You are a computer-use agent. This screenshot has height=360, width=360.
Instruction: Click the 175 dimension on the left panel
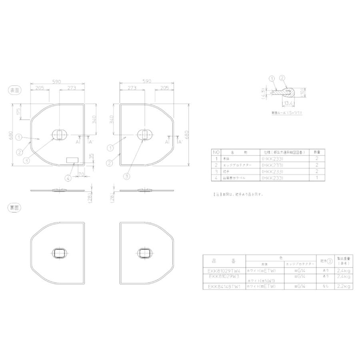pos(18,112)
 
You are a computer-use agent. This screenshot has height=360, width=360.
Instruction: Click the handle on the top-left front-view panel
pos(59,134)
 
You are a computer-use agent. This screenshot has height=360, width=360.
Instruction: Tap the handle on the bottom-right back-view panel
pos(144,253)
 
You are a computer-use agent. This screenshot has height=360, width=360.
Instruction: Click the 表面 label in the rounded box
pos(15,90)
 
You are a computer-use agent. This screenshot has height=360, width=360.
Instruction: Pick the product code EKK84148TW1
pos(224,286)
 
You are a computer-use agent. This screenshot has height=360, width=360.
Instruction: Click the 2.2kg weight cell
pos(343,286)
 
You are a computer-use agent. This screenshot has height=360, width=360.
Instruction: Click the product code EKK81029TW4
pos(224,270)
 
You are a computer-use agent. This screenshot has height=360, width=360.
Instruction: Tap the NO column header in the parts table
pos(216,152)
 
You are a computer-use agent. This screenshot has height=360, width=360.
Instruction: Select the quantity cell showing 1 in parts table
pos(317,177)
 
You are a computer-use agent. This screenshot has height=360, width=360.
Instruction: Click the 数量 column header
pos(317,152)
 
